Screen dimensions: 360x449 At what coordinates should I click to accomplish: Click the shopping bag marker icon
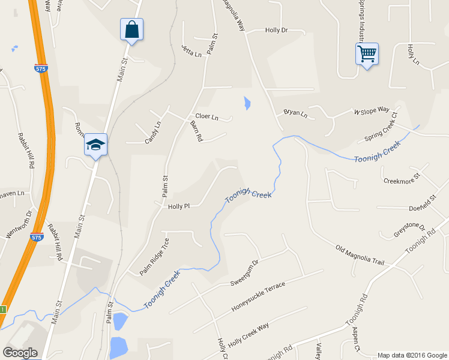pyautogui.click(x=131, y=29)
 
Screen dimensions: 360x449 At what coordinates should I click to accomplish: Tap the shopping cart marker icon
pyautogui.click(x=366, y=54)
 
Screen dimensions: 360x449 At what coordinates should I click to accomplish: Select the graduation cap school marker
pyautogui.click(x=95, y=145)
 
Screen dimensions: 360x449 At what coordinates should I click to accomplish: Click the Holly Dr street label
pyautogui.click(x=276, y=30)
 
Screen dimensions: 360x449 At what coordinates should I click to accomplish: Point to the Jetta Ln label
pyautogui.click(x=191, y=50)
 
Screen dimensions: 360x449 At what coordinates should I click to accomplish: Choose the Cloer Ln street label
pyautogui.click(x=206, y=116)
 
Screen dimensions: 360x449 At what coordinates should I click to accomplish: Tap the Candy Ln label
pyautogui.click(x=152, y=133)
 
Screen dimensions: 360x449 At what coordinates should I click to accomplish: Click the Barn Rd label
pyautogui.click(x=196, y=130)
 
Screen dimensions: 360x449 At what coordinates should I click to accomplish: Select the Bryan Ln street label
pyautogui.click(x=295, y=113)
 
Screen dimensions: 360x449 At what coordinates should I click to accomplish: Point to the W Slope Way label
pyautogui.click(x=372, y=111)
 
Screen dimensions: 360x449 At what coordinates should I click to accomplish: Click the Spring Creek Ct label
pyautogui.click(x=381, y=127)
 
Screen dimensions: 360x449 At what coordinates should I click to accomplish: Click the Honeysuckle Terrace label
pyautogui.click(x=258, y=297)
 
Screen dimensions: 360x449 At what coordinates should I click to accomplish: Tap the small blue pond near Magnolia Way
pyautogui.click(x=246, y=103)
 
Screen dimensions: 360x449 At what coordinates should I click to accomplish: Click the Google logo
pyautogui.click(x=20, y=353)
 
